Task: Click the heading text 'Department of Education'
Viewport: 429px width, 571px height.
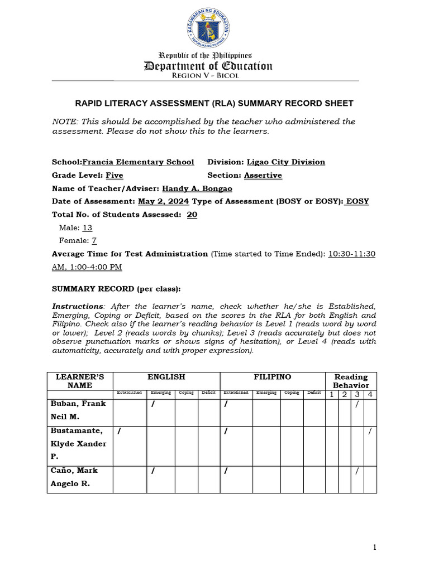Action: (x=208, y=66)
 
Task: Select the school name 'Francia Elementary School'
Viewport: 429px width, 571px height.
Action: (x=138, y=162)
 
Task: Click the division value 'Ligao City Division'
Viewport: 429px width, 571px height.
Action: (x=285, y=162)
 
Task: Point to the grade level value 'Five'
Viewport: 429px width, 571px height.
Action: (x=114, y=175)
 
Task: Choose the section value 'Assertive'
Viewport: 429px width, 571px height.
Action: (x=263, y=175)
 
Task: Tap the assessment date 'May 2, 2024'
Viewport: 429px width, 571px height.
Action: (x=163, y=201)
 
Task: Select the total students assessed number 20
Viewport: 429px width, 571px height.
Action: (x=192, y=214)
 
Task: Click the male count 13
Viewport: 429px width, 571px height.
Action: (x=87, y=228)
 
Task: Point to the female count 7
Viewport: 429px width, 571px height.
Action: (x=94, y=240)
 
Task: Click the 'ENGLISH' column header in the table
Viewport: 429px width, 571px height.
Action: (x=166, y=377)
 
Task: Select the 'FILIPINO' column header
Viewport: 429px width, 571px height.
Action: (x=272, y=377)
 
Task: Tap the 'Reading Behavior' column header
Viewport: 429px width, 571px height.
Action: (x=350, y=381)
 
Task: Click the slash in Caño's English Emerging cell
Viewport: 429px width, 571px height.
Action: (x=152, y=471)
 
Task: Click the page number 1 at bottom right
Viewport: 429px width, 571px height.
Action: (x=375, y=548)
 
